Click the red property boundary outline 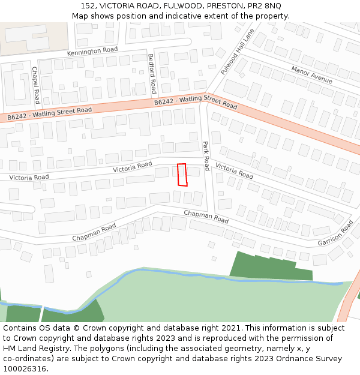click(x=182, y=175)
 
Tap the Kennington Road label click(x=92, y=52)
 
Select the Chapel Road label click(x=35, y=85)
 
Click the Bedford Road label click(x=152, y=74)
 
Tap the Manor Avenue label click(x=311, y=75)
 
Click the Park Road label click(x=206, y=155)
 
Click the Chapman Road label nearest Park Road click(x=206, y=217)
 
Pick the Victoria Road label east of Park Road click(x=234, y=170)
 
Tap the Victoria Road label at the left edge click(x=29, y=178)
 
